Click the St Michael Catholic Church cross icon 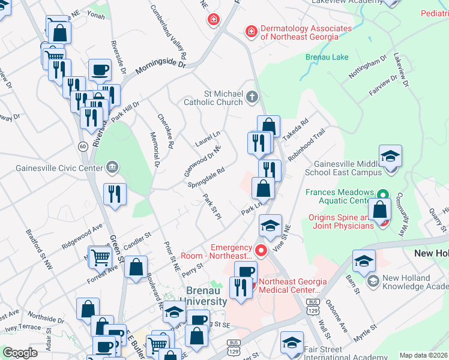253,96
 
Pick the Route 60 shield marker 82,146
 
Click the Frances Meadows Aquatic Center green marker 380,196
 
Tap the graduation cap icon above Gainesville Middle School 390,157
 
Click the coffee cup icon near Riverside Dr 100,70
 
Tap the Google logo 20,352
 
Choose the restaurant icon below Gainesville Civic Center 114,194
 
